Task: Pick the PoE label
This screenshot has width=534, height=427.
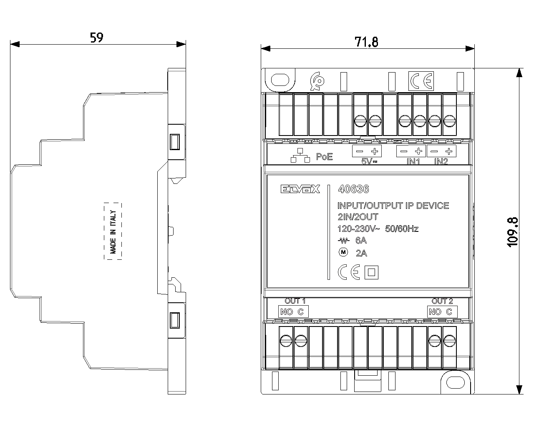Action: coord(324,157)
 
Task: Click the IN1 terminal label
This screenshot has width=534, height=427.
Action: coord(413,161)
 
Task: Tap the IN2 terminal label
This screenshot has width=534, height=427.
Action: coord(441,161)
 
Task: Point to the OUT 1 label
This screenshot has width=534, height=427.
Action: coord(295,301)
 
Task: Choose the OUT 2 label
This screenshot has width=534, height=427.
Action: coord(442,301)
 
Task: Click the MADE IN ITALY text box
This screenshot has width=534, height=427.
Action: coord(113,231)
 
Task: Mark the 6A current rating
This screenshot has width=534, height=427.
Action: coord(361,241)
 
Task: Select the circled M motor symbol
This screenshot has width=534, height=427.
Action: coord(343,252)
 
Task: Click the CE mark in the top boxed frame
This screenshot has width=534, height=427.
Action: coord(421,80)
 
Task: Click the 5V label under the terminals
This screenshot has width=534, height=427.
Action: coord(369,161)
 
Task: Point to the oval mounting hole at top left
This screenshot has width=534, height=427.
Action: coord(280,80)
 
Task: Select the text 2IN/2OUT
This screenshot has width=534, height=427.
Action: coord(358,217)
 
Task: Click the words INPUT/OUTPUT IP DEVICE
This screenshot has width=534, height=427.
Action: coord(393,206)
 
